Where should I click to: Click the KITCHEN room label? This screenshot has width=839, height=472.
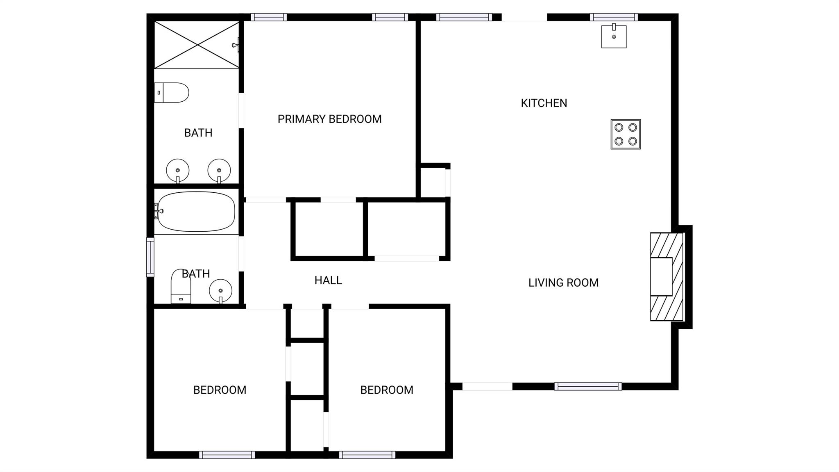544,103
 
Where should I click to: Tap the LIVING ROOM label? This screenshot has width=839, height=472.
563,283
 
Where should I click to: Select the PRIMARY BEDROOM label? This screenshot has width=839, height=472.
329,119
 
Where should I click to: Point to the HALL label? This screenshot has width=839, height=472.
328,280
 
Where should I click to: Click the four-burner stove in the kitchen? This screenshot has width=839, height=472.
626,135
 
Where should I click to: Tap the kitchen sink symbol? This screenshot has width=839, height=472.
614,36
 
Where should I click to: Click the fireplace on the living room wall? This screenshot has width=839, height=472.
667,277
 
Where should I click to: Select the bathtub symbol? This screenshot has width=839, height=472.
196,211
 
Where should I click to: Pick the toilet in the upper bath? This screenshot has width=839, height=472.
172,93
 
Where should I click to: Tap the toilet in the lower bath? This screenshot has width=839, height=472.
181,286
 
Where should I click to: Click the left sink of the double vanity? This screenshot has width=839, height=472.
177,171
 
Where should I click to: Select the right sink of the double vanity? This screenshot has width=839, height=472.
219,171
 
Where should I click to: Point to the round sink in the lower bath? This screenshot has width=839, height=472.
220,291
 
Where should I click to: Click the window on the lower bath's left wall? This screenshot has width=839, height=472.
150,257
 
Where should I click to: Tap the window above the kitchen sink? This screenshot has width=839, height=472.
614,17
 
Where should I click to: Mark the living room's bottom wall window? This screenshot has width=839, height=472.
588,386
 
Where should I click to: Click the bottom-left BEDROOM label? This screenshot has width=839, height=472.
220,390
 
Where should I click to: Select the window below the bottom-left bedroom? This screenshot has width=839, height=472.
227,455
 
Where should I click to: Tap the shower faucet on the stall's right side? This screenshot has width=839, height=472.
236,45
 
